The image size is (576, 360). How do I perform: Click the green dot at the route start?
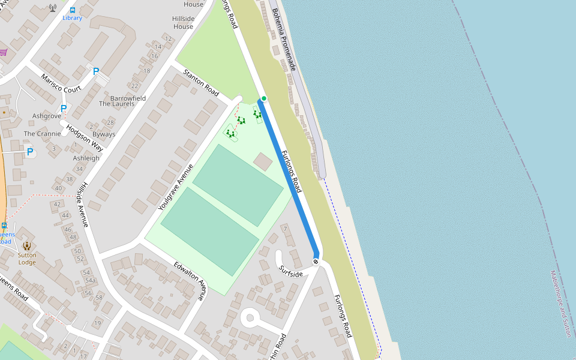point(263,98)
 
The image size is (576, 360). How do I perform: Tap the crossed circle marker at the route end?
point(316,261)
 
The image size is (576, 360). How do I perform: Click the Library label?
point(73,18)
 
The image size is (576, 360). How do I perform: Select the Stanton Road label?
point(201,82)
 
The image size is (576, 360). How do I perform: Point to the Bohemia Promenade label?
point(284,40)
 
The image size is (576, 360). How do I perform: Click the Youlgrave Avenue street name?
point(176,187)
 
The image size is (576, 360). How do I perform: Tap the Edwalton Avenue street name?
point(191,281)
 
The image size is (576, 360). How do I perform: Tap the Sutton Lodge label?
point(27,259)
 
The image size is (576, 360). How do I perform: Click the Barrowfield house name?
point(128,98)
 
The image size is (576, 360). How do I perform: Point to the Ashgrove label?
point(47,116)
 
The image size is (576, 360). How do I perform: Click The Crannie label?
point(42,134)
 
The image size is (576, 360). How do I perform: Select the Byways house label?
point(104,134)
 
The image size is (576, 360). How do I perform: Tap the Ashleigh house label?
point(86,158)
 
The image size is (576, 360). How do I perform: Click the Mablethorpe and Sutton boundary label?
point(560,303)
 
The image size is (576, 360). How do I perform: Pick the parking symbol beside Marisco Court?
point(95,71)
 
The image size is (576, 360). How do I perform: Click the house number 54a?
point(90,280)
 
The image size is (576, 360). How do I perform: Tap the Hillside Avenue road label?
point(83,204)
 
